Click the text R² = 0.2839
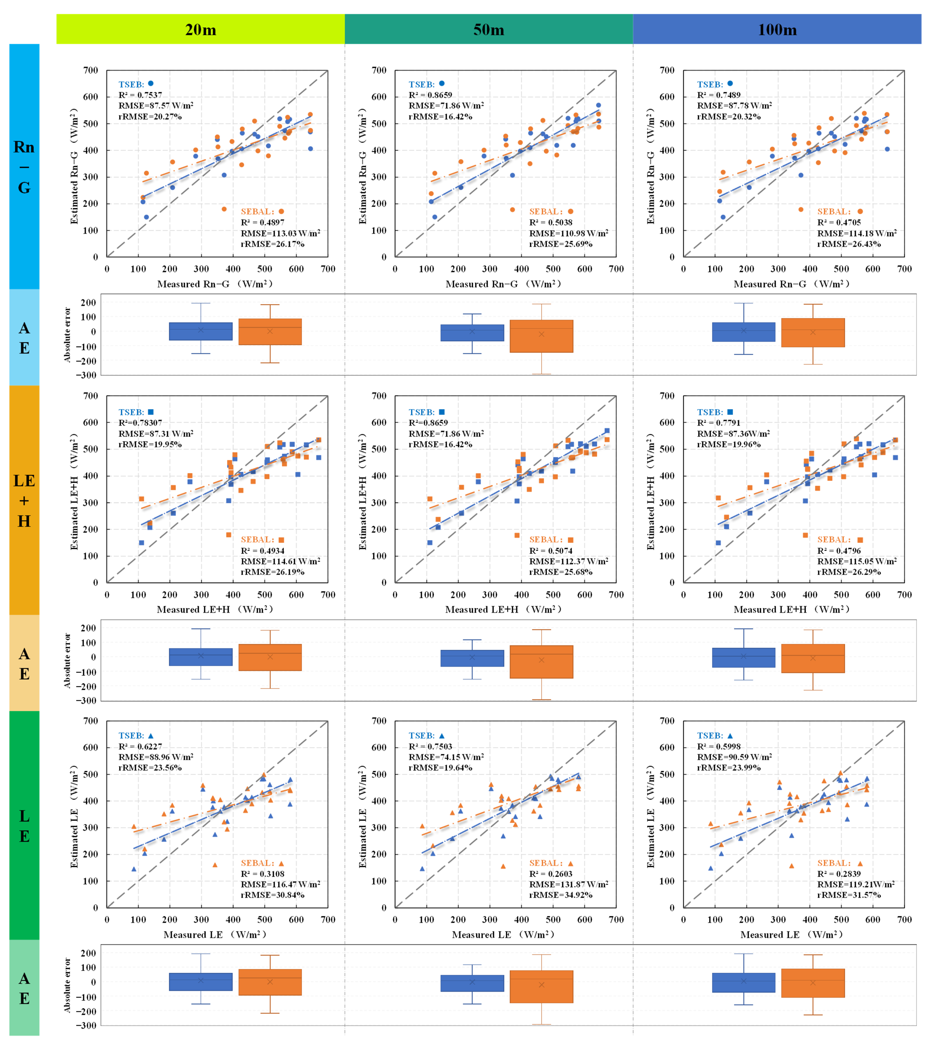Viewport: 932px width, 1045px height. [x=839, y=874]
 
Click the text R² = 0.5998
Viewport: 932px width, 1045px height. [x=718, y=746]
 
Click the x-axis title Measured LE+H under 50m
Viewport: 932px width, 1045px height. [x=503, y=609]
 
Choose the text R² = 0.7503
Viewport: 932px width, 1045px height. [x=430, y=746]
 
